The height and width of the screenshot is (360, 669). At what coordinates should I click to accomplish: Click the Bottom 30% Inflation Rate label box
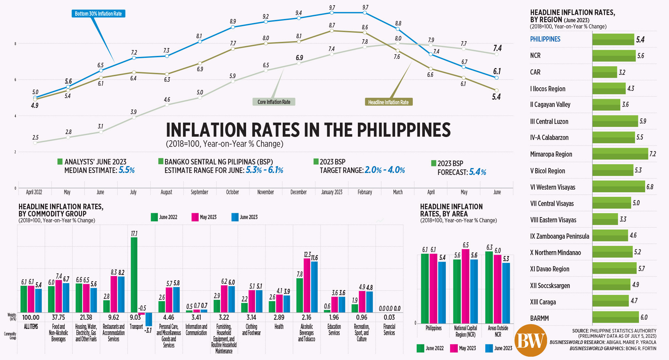(98, 14)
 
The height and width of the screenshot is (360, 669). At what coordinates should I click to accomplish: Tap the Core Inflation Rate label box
(274, 102)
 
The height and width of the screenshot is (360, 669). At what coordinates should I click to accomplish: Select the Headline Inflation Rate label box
(388, 102)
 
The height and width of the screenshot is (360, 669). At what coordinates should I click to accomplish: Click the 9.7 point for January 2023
(332, 13)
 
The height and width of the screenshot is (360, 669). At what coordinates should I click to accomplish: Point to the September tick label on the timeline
(199, 192)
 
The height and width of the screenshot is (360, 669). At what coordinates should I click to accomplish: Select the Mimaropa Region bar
(620, 154)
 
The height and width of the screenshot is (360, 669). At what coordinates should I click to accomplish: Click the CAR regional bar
(605, 72)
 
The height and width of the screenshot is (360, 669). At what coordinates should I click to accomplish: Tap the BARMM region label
(539, 318)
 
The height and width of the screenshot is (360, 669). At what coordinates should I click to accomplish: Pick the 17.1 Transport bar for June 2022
(134, 275)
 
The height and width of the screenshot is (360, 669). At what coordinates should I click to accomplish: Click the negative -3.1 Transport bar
(149, 319)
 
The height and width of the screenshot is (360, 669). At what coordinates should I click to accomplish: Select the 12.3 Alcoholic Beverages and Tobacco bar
(307, 285)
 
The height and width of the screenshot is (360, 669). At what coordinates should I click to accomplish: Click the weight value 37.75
(59, 317)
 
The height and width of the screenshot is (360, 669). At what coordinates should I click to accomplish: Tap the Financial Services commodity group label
(389, 330)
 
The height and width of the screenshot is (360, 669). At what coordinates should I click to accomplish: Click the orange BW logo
(530, 341)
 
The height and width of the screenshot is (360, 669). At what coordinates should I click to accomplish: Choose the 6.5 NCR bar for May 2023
(465, 286)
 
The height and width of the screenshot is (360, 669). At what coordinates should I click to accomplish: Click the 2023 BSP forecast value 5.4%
(477, 172)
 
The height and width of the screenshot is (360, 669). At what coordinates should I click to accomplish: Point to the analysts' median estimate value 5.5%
(126, 170)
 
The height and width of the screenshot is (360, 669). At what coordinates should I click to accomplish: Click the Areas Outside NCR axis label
(498, 331)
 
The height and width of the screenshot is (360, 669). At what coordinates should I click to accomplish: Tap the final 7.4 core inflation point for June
(497, 54)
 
